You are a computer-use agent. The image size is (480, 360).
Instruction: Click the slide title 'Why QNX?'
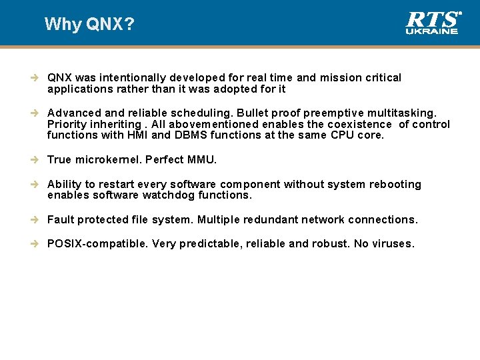[89, 25]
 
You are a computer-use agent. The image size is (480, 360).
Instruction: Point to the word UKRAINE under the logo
[433, 31]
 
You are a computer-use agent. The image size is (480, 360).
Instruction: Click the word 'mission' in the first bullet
[340, 78]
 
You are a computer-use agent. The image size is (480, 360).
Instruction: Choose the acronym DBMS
[197, 135]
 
